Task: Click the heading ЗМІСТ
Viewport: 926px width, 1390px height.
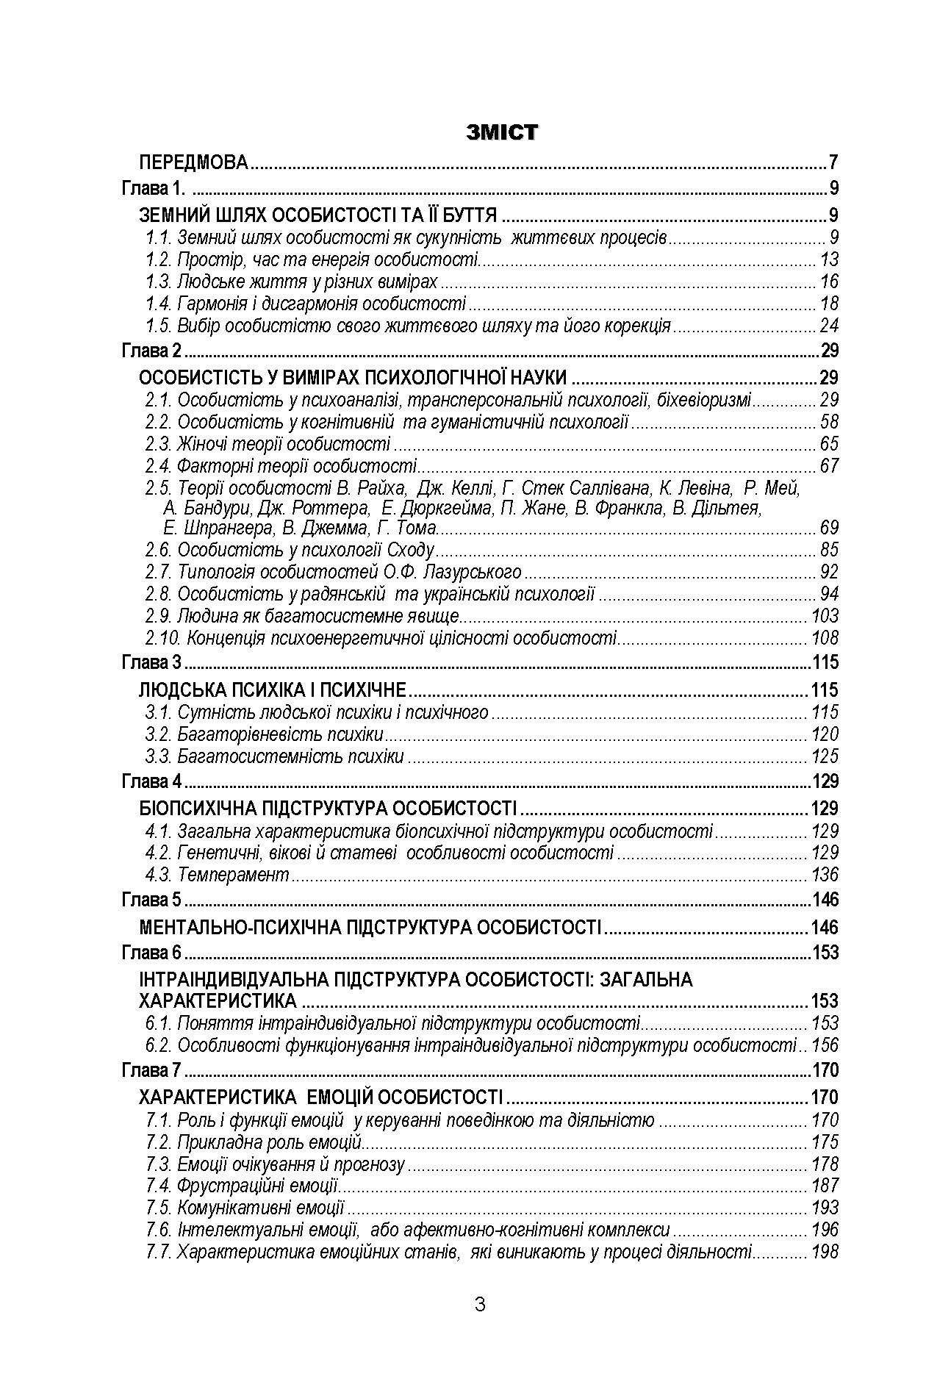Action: pyautogui.click(x=503, y=132)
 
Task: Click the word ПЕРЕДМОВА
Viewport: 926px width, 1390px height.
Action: pyautogui.click(x=195, y=162)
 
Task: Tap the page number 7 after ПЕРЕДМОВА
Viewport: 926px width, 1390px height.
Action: pyautogui.click(x=833, y=162)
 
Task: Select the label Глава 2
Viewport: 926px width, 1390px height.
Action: pyautogui.click(x=151, y=351)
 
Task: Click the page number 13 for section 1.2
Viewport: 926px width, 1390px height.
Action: pyautogui.click(x=829, y=259)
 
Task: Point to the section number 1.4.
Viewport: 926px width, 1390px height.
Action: pyautogui.click(x=159, y=304)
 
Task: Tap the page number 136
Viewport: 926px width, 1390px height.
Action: pyautogui.click(x=825, y=875)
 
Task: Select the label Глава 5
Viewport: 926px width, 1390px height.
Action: pyautogui.click(x=151, y=900)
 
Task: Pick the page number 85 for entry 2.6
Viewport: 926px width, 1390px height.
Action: pyautogui.click(x=829, y=550)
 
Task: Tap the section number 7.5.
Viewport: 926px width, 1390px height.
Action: pyautogui.click(x=159, y=1208)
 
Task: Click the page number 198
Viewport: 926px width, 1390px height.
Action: pyautogui.click(x=825, y=1252)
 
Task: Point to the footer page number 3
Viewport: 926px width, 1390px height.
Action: pyautogui.click(x=480, y=1305)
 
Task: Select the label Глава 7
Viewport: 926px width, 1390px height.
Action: pyautogui.click(x=151, y=1070)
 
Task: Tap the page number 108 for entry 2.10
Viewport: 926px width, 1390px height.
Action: pyautogui.click(x=825, y=638)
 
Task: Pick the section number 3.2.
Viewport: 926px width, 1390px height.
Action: pyautogui.click(x=159, y=734)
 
